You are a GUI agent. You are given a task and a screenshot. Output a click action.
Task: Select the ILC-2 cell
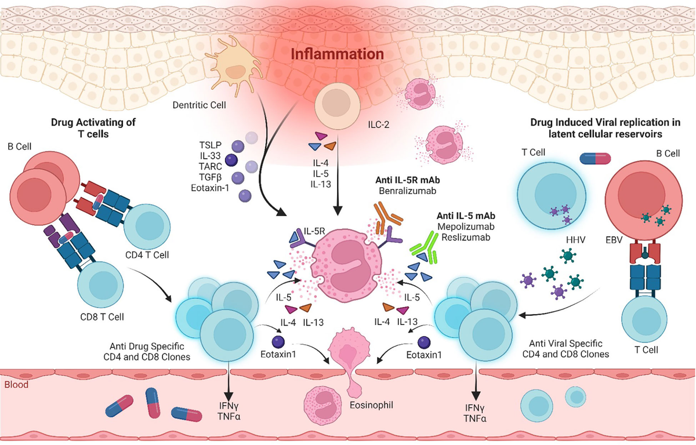(336, 107)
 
